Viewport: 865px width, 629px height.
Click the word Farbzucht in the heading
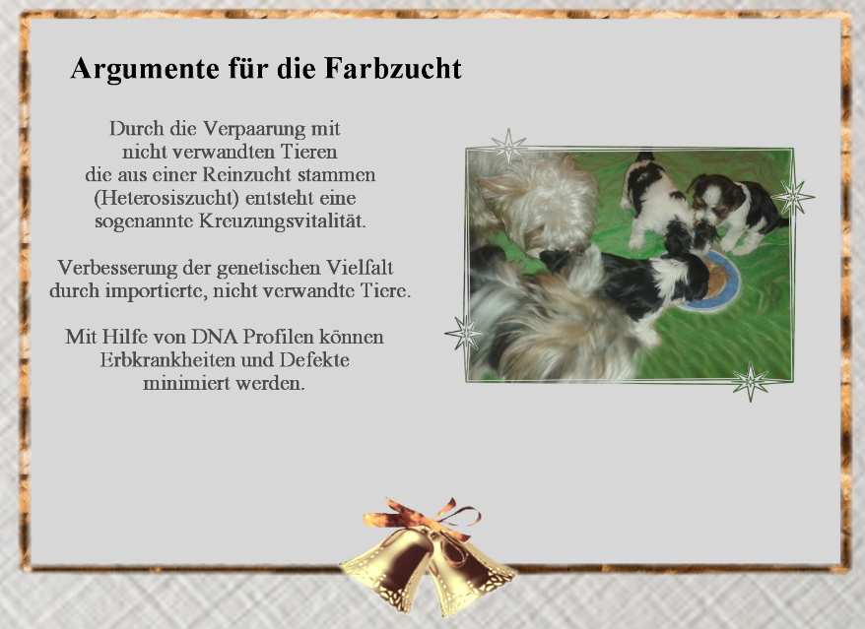(x=393, y=68)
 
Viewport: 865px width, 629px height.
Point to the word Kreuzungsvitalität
(x=283, y=221)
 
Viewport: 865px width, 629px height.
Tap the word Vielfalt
(x=360, y=268)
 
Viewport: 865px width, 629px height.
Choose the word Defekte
(x=314, y=359)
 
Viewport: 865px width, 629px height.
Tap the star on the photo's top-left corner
(x=508, y=147)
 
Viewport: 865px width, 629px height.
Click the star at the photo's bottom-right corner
(x=751, y=382)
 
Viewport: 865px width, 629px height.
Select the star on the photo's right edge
(x=793, y=197)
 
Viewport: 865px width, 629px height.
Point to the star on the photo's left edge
(x=466, y=333)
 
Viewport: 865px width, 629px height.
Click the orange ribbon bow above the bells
(x=422, y=517)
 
